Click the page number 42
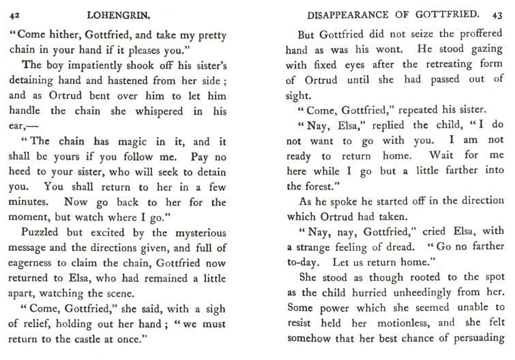(14, 14)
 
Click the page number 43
(500, 14)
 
